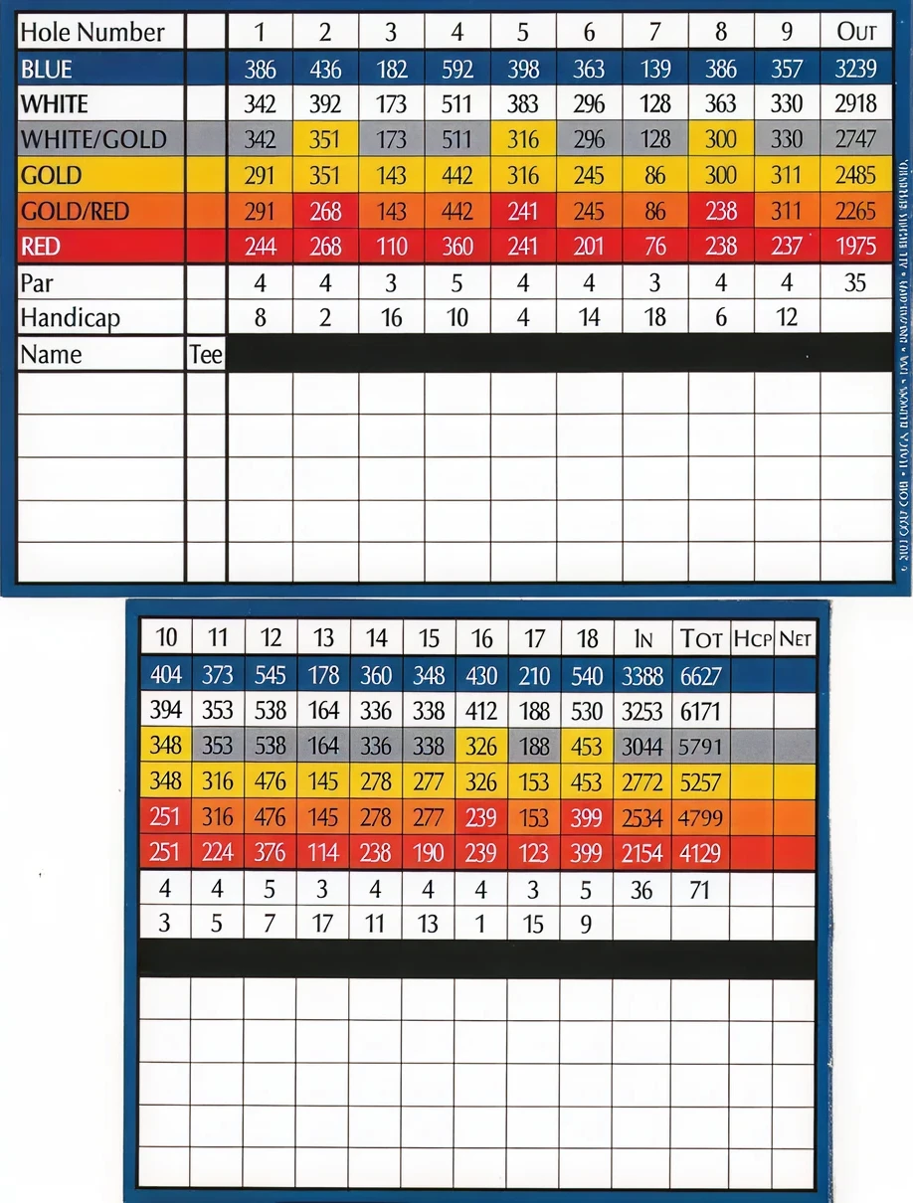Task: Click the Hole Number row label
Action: coord(91,32)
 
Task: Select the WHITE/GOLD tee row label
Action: coord(93,140)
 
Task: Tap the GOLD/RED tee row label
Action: coord(75,211)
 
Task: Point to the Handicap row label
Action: coord(70,317)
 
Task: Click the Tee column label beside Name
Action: coord(206,354)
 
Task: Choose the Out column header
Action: coord(856,32)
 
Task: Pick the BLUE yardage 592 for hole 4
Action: coord(456,70)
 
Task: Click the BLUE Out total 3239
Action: coord(856,70)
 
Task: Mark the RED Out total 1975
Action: coord(856,247)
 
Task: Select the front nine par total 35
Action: coord(855,283)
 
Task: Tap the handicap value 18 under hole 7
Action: coord(654,317)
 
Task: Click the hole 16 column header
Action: coord(481,638)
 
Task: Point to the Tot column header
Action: coord(700,638)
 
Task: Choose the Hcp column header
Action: coord(752,638)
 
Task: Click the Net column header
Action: coord(795,638)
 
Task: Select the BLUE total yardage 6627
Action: coord(700,676)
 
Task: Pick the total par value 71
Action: coord(700,889)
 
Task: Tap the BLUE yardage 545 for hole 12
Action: coord(271,676)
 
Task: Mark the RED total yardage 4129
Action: coord(700,853)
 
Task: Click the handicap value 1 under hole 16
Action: coord(481,924)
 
